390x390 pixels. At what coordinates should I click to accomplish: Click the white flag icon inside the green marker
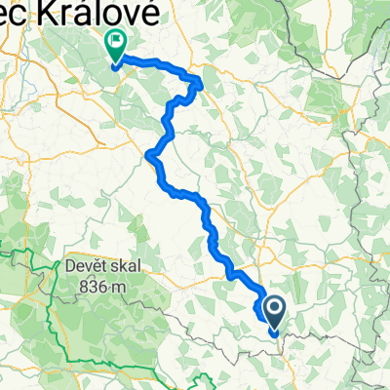pos(116,41)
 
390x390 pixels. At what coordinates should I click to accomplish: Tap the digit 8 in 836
pos(78,286)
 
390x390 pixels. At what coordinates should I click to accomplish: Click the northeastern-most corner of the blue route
pos(201,80)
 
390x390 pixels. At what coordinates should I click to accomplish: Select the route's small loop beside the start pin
pos(260,308)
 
